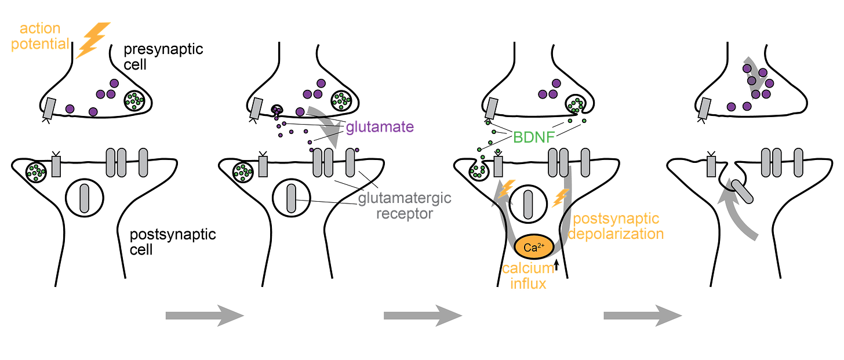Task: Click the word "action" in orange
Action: pyautogui.click(x=39, y=28)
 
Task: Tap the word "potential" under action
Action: pyautogui.click(x=39, y=44)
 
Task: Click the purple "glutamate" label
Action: pyautogui.click(x=380, y=127)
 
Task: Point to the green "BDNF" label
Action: pyautogui.click(x=534, y=137)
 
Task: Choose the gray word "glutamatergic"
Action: pyautogui.click(x=404, y=199)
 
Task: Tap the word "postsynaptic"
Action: pyautogui.click(x=616, y=219)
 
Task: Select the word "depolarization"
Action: pyautogui.click(x=616, y=234)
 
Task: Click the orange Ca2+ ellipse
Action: pyautogui.click(x=534, y=248)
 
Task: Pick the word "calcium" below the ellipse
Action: pyautogui.click(x=528, y=268)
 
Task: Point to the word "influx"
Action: pyautogui.click(x=528, y=283)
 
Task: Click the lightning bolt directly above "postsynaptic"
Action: pyautogui.click(x=559, y=198)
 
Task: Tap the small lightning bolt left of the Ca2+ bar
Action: pyautogui.click(x=507, y=188)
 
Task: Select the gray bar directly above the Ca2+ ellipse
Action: pyautogui.click(x=528, y=205)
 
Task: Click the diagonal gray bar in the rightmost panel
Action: pyautogui.click(x=742, y=192)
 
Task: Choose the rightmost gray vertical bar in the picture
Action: pyautogui.click(x=798, y=162)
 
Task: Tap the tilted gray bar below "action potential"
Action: pyautogui.click(x=50, y=108)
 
